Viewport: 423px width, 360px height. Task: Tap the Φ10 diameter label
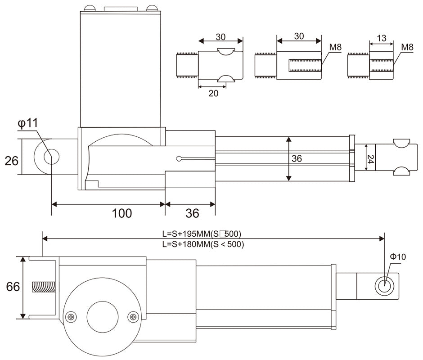(397, 257)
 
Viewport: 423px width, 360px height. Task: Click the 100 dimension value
(122, 213)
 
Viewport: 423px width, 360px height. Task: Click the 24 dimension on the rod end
(370, 159)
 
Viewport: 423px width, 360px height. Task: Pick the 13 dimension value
(381, 38)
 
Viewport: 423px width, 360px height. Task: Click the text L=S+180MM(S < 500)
(202, 244)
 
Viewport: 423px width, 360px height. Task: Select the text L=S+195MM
(185, 234)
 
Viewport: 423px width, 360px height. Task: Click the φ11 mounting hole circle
(51, 157)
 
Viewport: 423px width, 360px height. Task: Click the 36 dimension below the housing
(192, 213)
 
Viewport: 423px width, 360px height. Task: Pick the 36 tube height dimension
(296, 159)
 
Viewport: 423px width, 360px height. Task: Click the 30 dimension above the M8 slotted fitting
(298, 36)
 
